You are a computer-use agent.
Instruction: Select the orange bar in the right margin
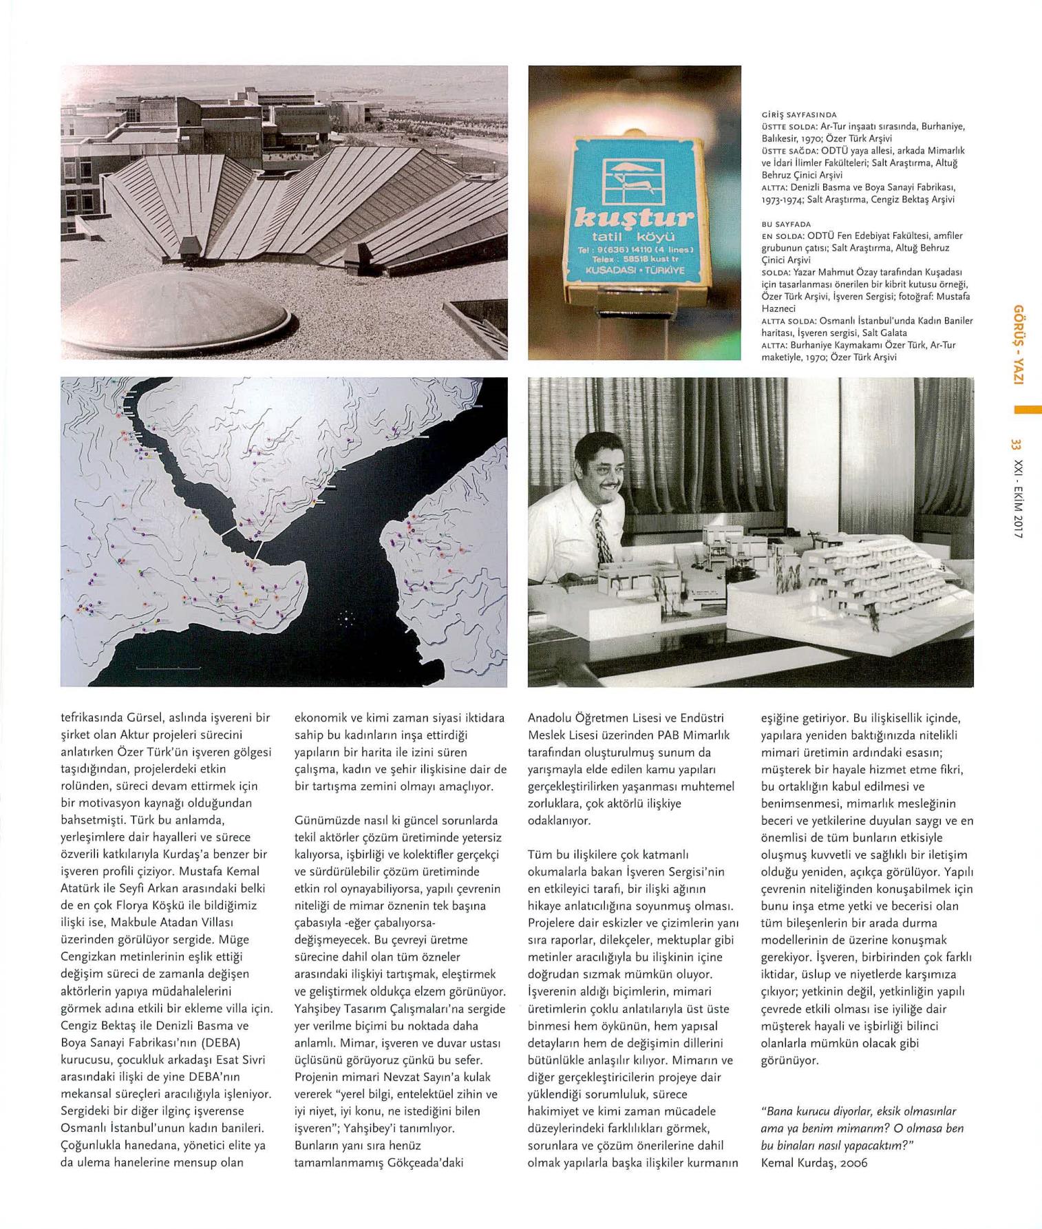pyautogui.click(x=1028, y=410)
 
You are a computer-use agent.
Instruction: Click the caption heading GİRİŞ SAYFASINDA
pyautogui.click(x=798, y=115)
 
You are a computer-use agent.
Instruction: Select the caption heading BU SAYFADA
pyautogui.click(x=786, y=224)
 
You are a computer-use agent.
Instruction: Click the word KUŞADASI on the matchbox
pyautogui.click(x=608, y=270)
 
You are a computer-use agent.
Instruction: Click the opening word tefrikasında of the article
pyautogui.click(x=94, y=718)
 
